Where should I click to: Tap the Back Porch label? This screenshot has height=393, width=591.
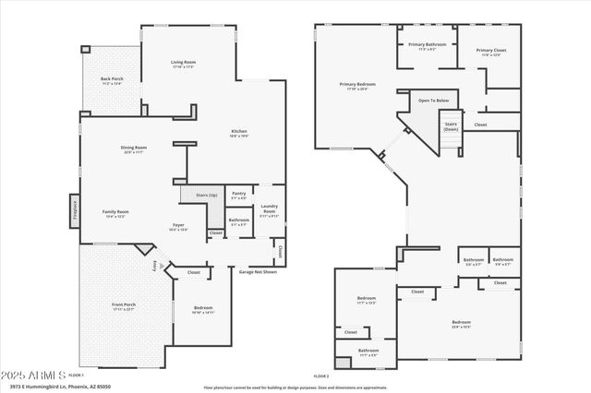coord(113,81)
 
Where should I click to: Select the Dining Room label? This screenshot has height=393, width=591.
coord(134,149)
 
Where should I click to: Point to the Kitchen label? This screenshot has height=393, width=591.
coord(238,133)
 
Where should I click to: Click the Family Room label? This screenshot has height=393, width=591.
coord(115,213)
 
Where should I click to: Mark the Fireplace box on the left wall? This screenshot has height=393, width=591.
coord(74,210)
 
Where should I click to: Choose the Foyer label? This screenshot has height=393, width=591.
coord(178,227)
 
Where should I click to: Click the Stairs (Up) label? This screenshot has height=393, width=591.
coord(194,195)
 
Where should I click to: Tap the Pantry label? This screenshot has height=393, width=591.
coord(238,195)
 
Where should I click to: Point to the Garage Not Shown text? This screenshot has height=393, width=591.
coord(259,272)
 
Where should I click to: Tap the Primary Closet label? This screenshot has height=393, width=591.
coord(491,52)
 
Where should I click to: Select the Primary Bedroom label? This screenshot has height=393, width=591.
coord(356,87)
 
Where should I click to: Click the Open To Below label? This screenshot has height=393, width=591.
coord(433,100)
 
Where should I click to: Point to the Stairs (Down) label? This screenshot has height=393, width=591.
coord(451,126)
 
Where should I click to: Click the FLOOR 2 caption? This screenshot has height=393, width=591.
coord(320,376)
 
